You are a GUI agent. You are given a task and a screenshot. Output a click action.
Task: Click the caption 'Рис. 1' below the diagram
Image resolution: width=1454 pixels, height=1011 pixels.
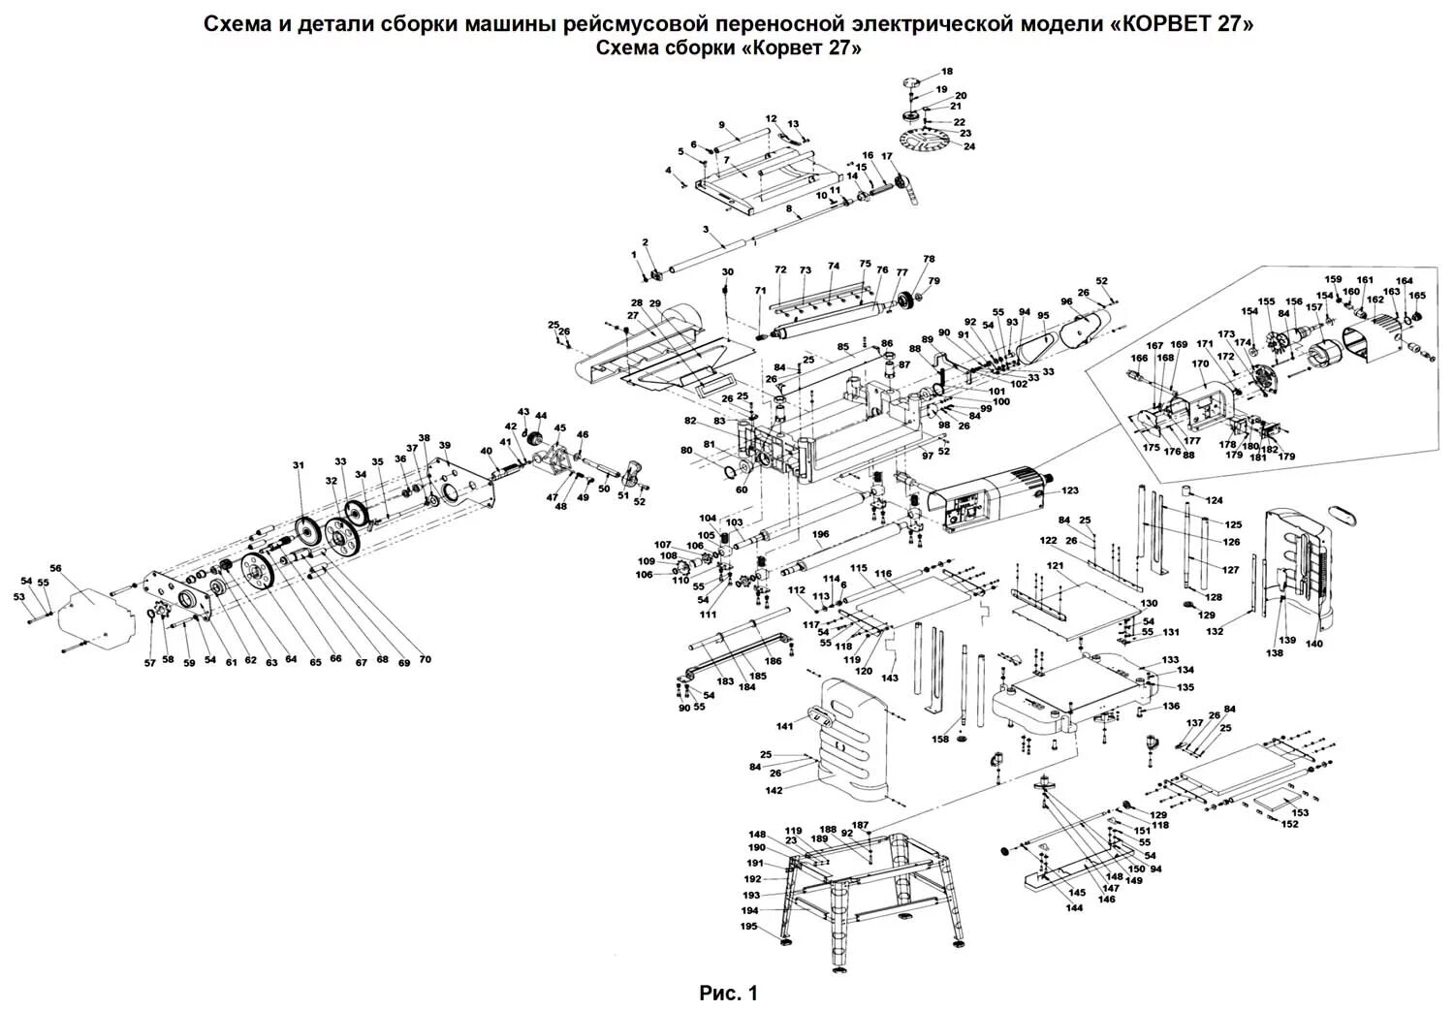coord(727,993)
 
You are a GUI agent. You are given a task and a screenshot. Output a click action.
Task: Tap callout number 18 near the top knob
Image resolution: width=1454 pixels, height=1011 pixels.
coord(947,72)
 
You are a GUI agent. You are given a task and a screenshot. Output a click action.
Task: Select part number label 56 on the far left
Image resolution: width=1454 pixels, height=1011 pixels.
coord(55,569)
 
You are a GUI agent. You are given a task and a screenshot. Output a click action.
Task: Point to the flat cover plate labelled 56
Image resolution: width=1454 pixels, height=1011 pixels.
coord(92,611)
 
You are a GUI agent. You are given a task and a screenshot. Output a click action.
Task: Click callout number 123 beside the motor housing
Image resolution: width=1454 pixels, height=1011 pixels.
coord(1068,491)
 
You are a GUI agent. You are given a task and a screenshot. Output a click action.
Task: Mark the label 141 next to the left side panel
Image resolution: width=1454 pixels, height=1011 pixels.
coord(784,725)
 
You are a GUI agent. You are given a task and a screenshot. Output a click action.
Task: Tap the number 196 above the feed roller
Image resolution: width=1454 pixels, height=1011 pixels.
coord(821,534)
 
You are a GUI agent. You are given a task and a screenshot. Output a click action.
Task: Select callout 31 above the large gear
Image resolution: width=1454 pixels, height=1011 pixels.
coord(299,466)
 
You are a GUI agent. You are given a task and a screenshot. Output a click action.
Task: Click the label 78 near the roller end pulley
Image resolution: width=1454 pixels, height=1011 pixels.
coord(929,260)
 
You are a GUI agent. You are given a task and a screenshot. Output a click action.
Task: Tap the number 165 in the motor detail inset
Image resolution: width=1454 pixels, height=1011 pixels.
coord(1417,296)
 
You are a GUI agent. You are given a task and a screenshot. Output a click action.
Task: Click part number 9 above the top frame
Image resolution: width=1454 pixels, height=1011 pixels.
coord(721,125)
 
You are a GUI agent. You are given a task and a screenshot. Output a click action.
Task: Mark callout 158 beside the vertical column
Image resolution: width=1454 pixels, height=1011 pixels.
coord(939,740)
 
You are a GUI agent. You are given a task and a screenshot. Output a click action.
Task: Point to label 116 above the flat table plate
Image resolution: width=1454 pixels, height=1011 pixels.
coord(882,574)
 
